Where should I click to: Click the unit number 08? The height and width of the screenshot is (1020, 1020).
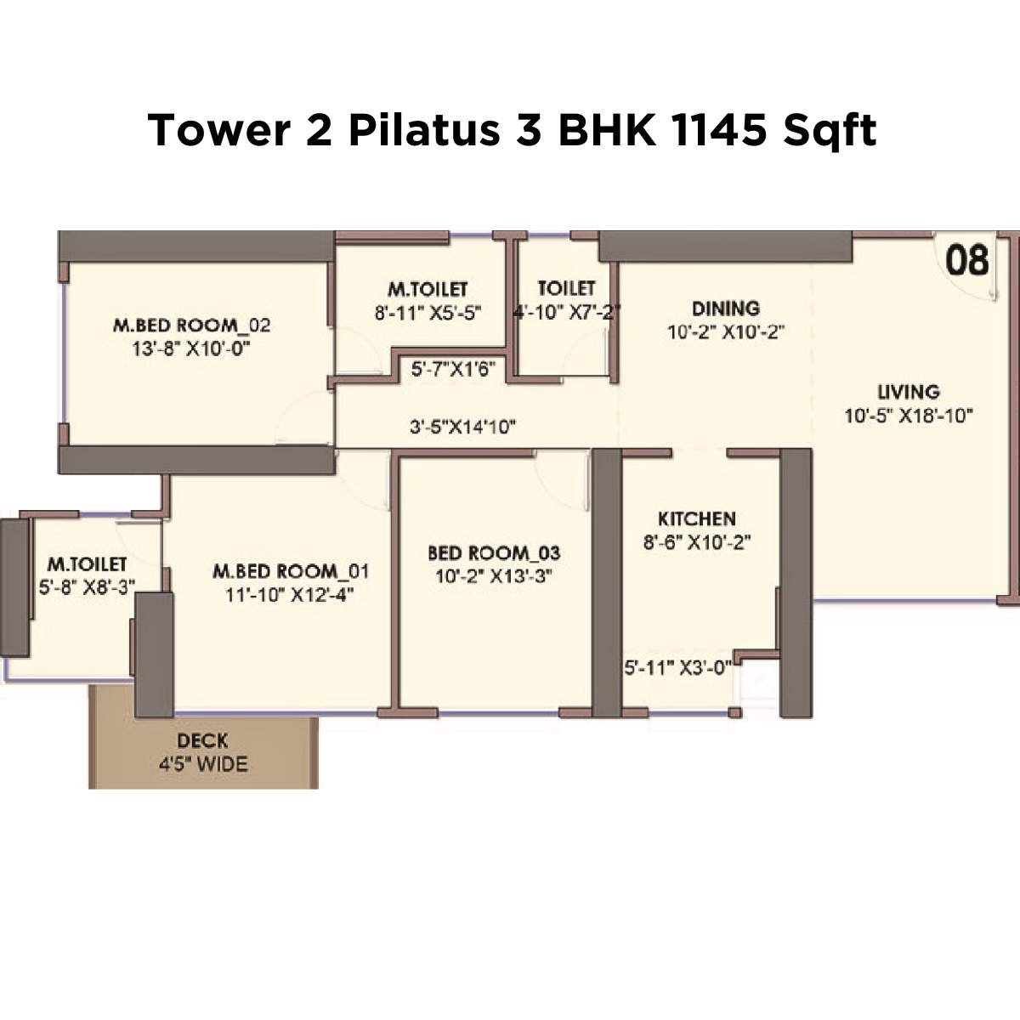click(967, 260)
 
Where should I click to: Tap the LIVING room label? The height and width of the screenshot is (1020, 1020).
click(909, 393)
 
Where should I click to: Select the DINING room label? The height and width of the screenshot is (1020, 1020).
click(725, 309)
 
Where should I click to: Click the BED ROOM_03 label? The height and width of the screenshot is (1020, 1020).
click(494, 553)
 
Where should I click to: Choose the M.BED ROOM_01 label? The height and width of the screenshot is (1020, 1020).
click(291, 571)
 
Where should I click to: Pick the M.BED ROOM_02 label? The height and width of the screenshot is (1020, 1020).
click(192, 326)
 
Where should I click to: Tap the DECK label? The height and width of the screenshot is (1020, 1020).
click(202, 742)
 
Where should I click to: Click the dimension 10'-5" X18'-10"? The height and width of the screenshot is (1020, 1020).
click(909, 416)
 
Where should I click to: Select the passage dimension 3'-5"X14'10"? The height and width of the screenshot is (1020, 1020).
click(463, 427)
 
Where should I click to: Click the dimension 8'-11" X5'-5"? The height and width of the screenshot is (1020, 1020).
click(428, 313)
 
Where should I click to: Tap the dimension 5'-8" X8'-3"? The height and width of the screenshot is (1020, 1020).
click(87, 587)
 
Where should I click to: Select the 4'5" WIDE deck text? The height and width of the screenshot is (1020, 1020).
click(203, 764)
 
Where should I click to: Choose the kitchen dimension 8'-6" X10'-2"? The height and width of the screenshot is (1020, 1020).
click(697, 543)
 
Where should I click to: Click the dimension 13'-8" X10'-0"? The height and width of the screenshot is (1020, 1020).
click(192, 348)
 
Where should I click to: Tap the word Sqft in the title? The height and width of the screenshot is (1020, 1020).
click(830, 131)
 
